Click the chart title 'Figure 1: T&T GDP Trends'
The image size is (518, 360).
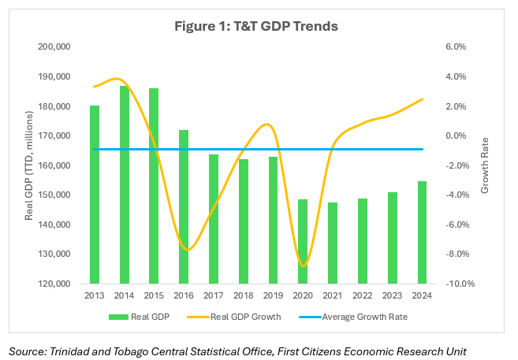[x=256, y=26]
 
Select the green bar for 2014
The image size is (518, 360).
[x=125, y=184]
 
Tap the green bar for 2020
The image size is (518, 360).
[x=303, y=241]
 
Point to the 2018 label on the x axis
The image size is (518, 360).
[x=244, y=295]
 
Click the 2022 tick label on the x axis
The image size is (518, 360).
[x=363, y=295]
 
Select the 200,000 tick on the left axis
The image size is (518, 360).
[x=55, y=47]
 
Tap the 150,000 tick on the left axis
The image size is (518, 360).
[x=55, y=195]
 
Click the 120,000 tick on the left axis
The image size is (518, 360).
[x=55, y=284]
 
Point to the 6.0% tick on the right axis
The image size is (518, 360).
[x=456, y=47]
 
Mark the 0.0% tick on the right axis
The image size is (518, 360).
[x=456, y=136]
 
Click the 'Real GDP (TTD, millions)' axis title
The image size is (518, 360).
[x=29, y=165]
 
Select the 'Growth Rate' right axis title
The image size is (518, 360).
[x=486, y=165]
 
